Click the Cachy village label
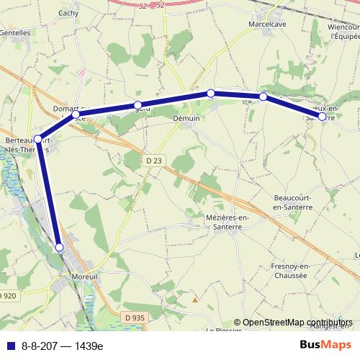[68, 13]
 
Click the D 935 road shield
[134, 317]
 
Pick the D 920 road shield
[8, 296]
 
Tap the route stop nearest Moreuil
[60, 247]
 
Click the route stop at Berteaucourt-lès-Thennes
[38, 139]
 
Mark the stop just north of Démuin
[210, 93]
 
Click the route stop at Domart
[76, 114]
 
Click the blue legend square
[7, 346]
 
